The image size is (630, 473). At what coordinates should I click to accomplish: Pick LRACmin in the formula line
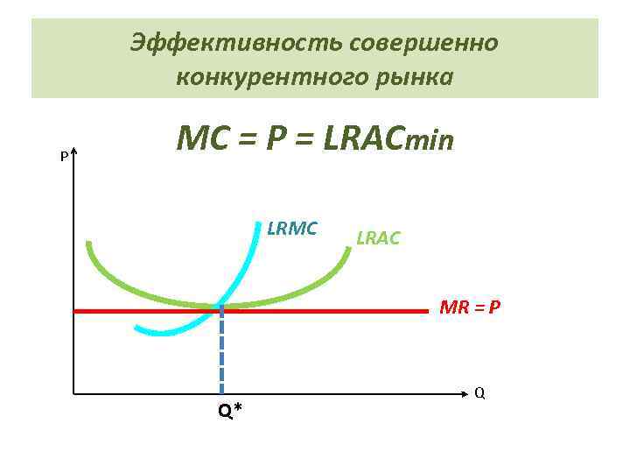pyautogui.click(x=388, y=139)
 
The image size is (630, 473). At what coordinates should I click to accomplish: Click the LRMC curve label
pyautogui.click(x=291, y=229)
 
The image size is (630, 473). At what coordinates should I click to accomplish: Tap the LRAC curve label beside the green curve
pyautogui.click(x=378, y=237)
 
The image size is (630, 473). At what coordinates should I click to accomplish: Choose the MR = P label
pyautogui.click(x=470, y=307)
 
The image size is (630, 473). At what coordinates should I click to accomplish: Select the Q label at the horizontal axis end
pyautogui.click(x=479, y=392)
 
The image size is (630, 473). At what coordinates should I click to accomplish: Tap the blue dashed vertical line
pyautogui.click(x=222, y=350)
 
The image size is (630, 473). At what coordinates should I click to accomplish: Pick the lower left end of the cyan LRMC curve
pyautogui.click(x=136, y=328)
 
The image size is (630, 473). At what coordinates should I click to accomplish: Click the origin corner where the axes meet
pyautogui.click(x=74, y=392)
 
